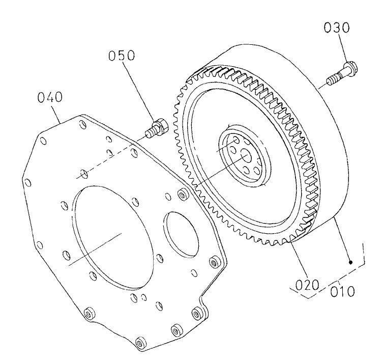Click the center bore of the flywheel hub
[x=245, y=158]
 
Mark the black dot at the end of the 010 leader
[x=351, y=262]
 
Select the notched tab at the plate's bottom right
[x=206, y=313]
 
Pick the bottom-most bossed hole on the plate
[x=138, y=341]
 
